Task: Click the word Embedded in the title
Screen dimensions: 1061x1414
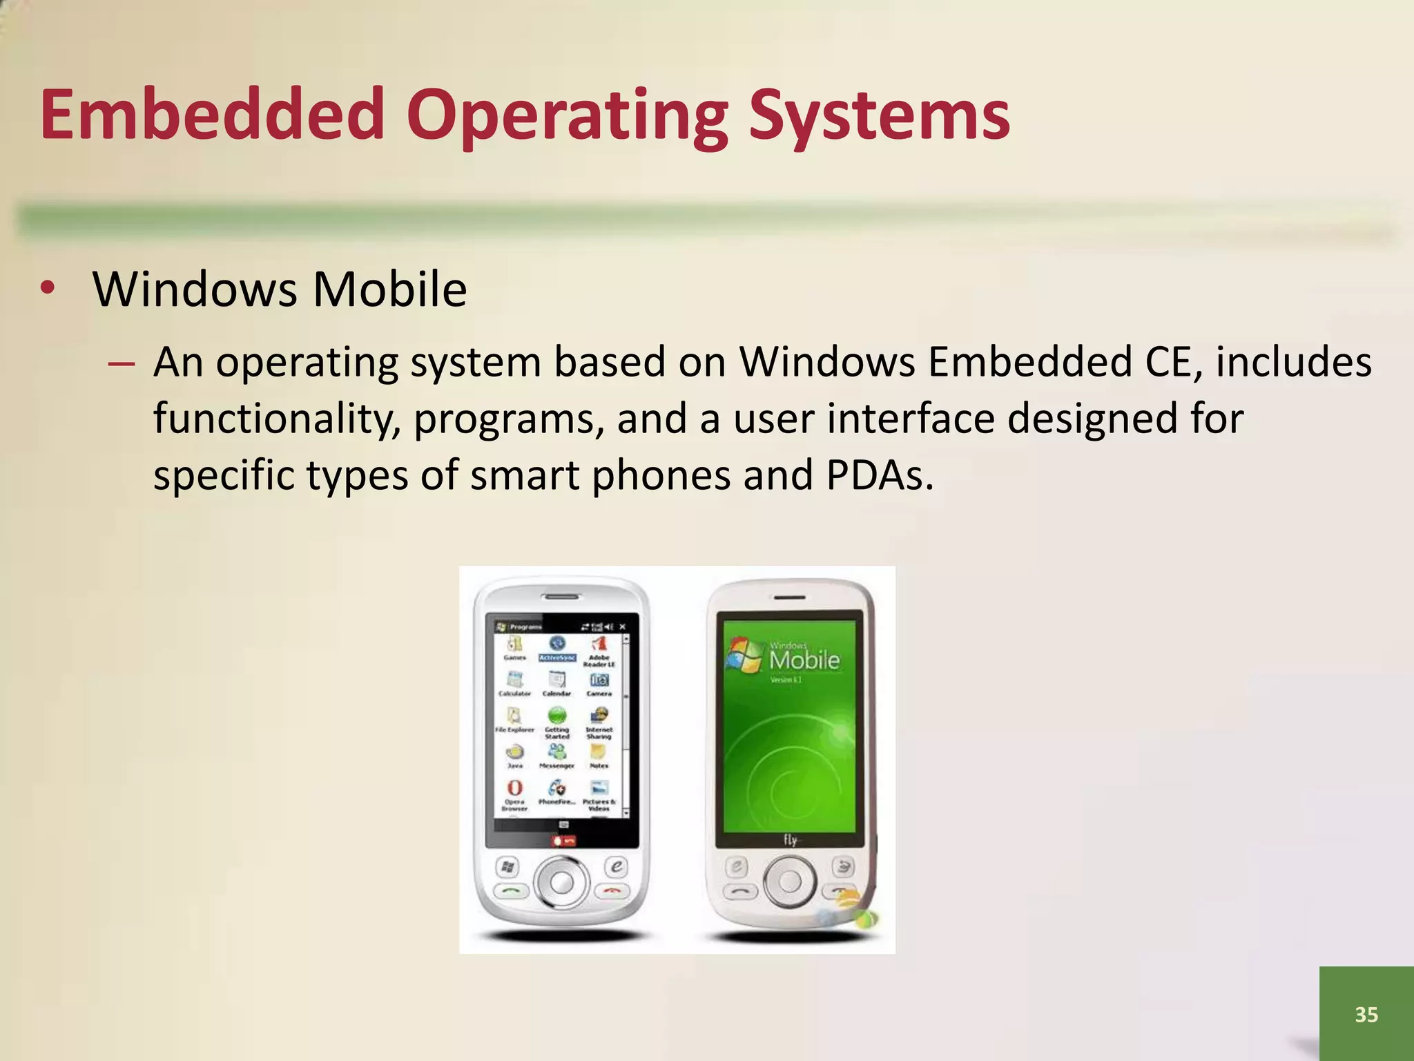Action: coord(212,115)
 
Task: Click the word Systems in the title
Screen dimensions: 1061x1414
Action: coord(879,115)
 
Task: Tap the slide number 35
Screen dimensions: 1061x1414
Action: coord(1366,1014)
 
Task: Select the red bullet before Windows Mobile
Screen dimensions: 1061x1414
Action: coord(47,288)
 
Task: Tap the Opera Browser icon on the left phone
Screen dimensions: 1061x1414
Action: coord(515,788)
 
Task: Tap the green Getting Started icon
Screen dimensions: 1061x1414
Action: coord(557,715)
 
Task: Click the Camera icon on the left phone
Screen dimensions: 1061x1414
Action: coord(599,680)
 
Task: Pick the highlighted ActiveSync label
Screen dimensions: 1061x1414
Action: coord(557,658)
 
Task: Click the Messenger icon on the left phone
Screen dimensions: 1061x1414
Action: coord(556,752)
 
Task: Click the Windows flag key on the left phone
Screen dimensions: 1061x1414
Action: coord(507,866)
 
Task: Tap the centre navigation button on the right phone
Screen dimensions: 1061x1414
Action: coord(790,881)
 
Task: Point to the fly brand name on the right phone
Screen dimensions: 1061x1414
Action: coord(791,840)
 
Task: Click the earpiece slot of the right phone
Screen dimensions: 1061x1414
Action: coord(789,597)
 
